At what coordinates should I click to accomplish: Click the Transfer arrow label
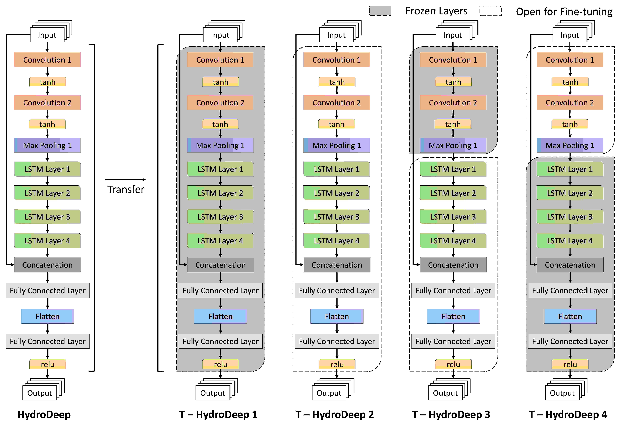(126, 189)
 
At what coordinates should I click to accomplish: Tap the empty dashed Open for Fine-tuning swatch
(491, 11)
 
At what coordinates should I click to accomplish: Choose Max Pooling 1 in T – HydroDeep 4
(570, 145)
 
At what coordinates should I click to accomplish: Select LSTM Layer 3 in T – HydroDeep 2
(337, 217)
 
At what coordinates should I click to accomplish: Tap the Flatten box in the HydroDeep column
(47, 316)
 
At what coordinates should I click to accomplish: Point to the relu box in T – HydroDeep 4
(570, 364)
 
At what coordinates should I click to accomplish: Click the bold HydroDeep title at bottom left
(44, 414)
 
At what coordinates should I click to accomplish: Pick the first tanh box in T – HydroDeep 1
(220, 82)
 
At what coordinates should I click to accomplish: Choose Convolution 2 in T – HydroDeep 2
(337, 102)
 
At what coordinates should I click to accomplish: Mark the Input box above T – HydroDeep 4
(570, 35)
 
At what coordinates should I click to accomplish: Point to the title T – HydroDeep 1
(218, 414)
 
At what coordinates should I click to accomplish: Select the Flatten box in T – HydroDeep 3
(453, 316)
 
